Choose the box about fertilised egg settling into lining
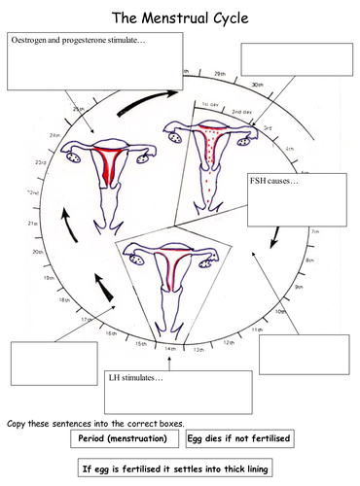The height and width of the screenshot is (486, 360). [x=181, y=470]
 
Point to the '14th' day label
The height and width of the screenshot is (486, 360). [x=169, y=349]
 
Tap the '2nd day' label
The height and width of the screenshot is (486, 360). [x=241, y=112]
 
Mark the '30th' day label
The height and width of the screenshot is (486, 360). [x=257, y=86]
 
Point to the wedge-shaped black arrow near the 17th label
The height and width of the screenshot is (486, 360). [x=109, y=288]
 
